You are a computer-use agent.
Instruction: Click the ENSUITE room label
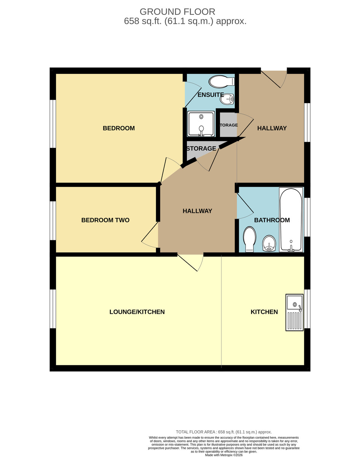(210, 95)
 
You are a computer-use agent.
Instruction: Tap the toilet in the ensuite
(221, 81)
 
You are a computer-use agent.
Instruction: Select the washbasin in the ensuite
(227, 99)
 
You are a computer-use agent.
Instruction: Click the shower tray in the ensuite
(201, 124)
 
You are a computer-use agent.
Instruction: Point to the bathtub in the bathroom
(291, 220)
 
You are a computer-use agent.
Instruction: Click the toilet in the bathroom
(249, 239)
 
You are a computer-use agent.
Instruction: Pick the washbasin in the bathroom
(269, 243)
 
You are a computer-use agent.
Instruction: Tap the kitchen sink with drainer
(295, 312)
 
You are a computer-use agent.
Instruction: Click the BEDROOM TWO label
(105, 220)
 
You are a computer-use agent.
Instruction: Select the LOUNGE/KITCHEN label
(137, 312)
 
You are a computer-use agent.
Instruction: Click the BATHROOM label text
(272, 220)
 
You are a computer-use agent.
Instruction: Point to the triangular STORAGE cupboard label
(201, 149)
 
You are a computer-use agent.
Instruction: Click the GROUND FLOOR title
(177, 12)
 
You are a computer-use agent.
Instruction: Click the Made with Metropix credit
(224, 455)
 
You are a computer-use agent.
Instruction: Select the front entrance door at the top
(274, 79)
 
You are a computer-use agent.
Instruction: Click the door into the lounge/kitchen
(190, 263)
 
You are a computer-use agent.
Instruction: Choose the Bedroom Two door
(150, 235)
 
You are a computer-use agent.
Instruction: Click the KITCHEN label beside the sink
(264, 312)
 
